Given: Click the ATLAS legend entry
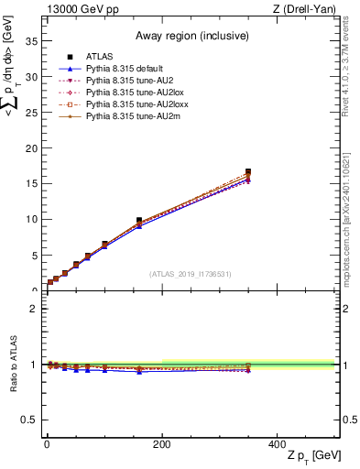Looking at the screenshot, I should tap(99, 58).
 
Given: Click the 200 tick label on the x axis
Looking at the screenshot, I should tap(161, 444).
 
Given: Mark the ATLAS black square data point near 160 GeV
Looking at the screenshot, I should tap(139, 221).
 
